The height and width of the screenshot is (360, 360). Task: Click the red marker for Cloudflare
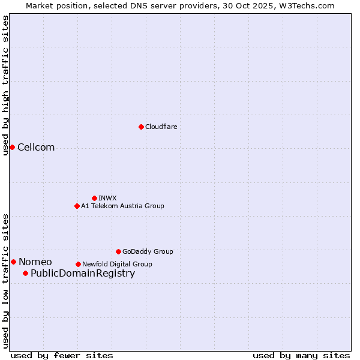pyautogui.click(x=141, y=127)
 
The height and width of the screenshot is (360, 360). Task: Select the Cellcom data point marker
pyautogui.click(x=12, y=147)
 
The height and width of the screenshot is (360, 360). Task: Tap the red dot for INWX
pyautogui.click(x=94, y=198)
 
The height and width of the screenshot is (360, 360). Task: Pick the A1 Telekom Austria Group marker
pyautogui.click(x=77, y=206)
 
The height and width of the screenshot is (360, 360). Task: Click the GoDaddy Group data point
pyautogui.click(x=118, y=251)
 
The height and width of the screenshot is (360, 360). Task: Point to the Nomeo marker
pyautogui.click(x=13, y=262)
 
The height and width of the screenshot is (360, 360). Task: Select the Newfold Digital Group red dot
pyautogui.click(x=78, y=264)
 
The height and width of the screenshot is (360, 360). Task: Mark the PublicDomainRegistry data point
pyautogui.click(x=25, y=273)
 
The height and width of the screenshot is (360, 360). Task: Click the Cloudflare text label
pyautogui.click(x=161, y=127)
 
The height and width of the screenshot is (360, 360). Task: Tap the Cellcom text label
pyautogui.click(x=36, y=148)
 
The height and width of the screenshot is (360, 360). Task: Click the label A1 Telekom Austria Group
pyautogui.click(x=122, y=206)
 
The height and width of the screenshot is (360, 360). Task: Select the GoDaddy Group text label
pyautogui.click(x=148, y=251)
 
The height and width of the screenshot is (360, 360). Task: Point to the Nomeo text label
pyautogui.click(x=35, y=262)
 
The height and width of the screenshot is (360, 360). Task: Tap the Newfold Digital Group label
pyautogui.click(x=117, y=264)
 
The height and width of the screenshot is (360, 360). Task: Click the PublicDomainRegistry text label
pyautogui.click(x=83, y=274)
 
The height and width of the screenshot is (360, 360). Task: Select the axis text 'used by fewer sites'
pyautogui.click(x=62, y=355)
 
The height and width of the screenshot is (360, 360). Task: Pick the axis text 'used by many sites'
pyautogui.click(x=301, y=355)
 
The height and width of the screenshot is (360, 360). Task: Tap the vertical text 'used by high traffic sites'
pyautogui.click(x=5, y=85)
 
